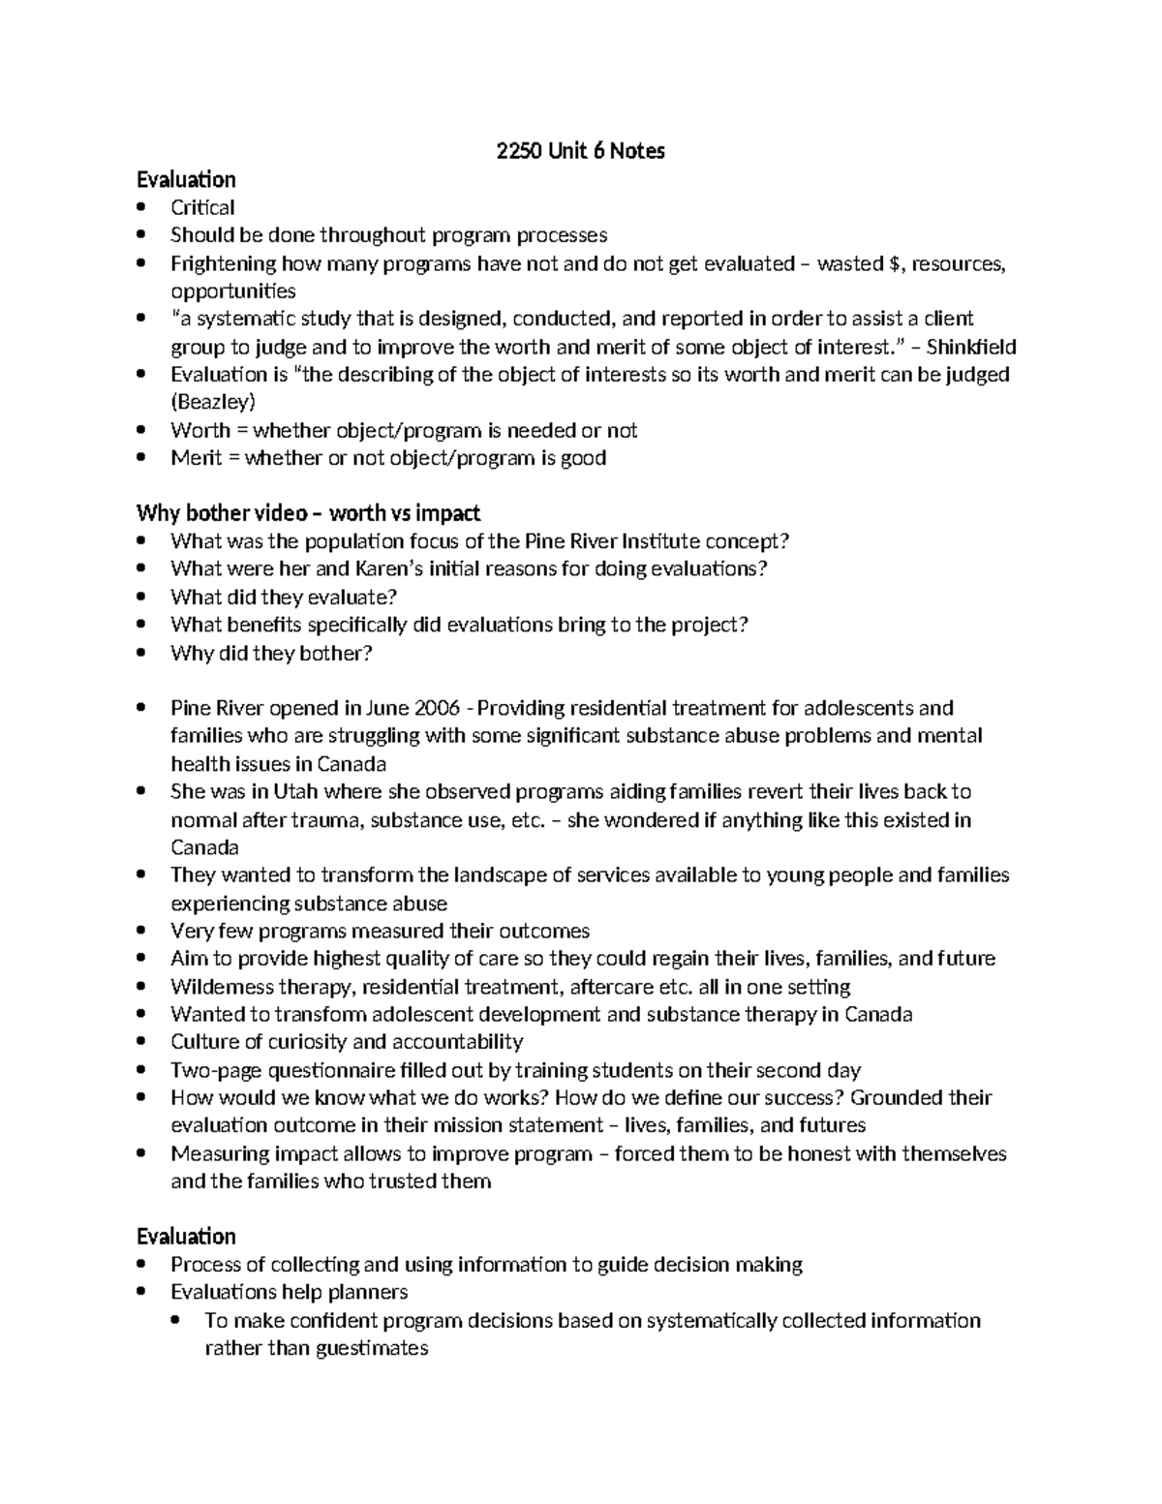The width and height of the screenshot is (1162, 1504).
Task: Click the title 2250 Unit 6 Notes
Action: (580, 151)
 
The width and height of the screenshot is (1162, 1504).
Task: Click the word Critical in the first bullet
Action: (202, 207)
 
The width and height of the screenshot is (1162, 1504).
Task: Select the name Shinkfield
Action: (971, 347)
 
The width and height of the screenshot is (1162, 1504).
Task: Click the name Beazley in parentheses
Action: (213, 402)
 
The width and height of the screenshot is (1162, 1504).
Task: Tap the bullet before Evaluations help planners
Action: (142, 1292)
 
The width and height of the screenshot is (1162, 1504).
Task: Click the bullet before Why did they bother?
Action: (142, 653)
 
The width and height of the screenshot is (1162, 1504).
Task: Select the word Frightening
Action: (223, 263)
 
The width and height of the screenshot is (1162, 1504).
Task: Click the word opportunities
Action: (233, 292)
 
